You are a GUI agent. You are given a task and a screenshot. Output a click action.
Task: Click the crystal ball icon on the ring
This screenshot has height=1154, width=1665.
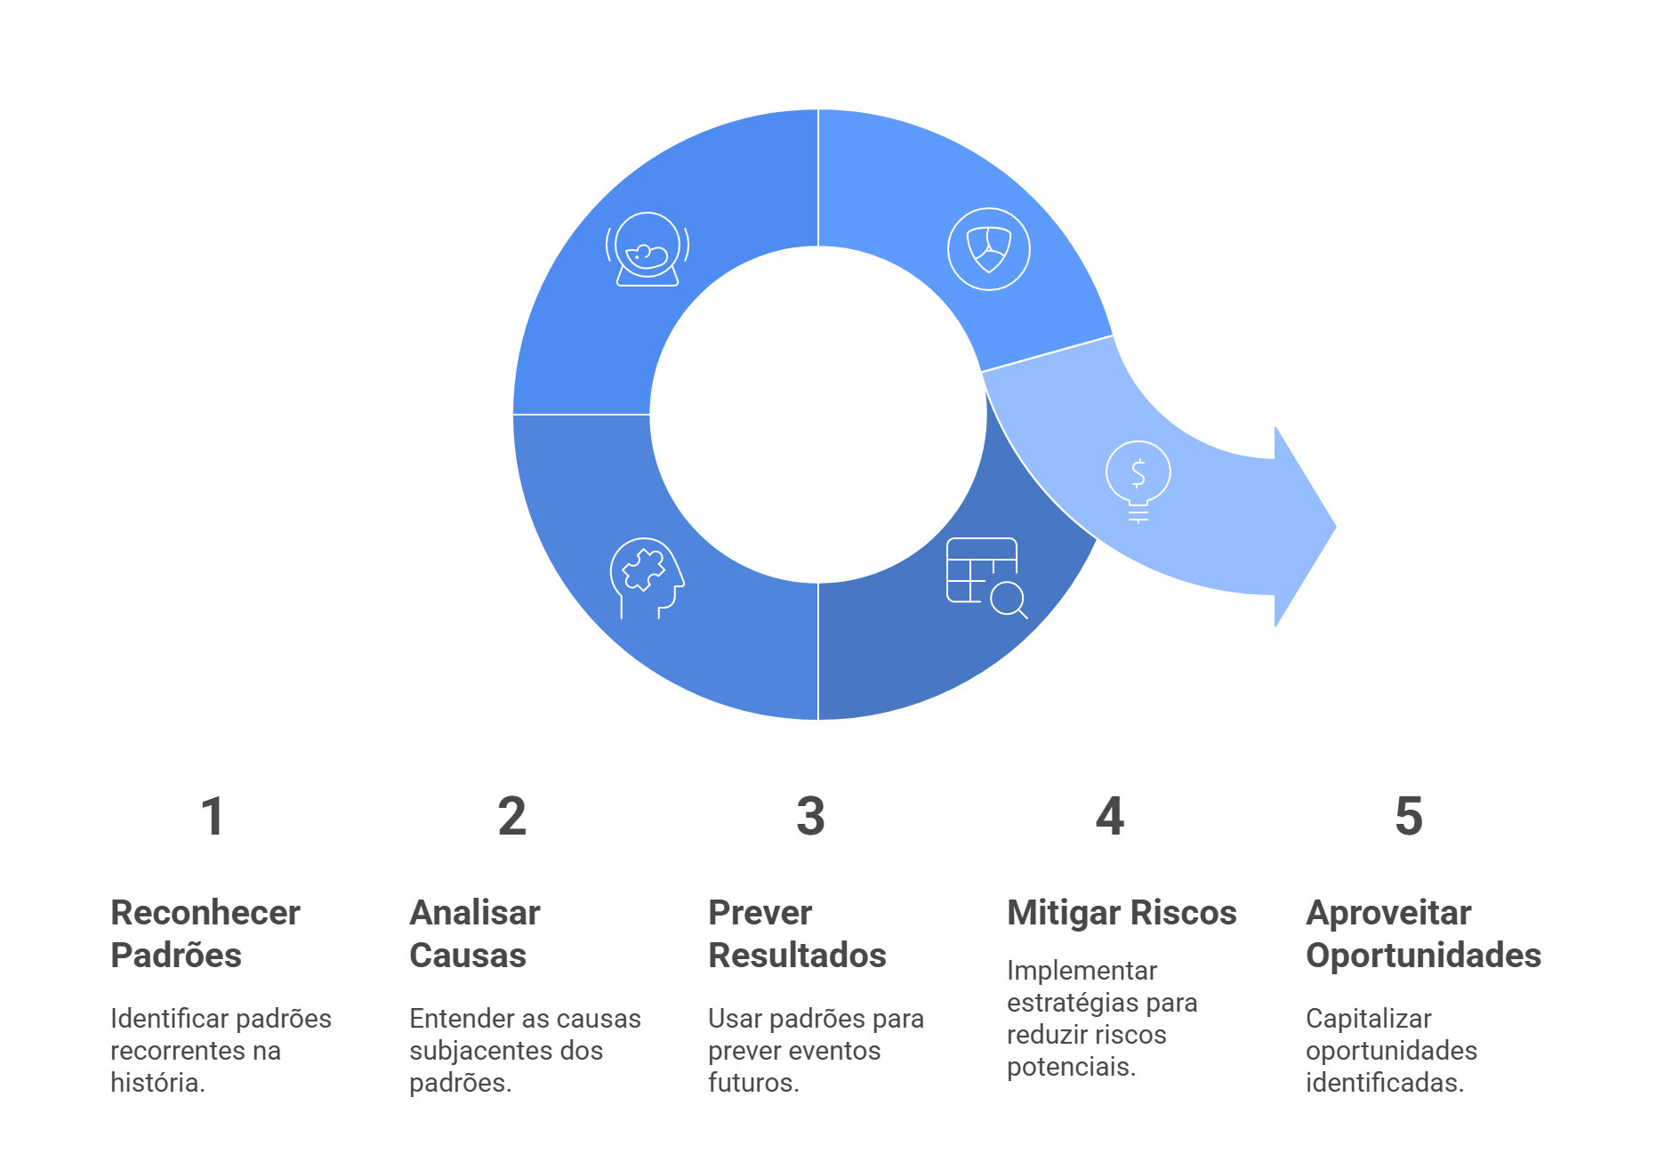[647, 249]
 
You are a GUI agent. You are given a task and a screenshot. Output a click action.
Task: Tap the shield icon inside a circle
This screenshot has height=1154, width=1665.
[988, 249]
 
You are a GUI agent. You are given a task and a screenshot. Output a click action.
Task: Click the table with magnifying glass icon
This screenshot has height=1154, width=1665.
[985, 577]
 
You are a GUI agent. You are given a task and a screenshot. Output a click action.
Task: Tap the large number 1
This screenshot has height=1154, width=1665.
[212, 816]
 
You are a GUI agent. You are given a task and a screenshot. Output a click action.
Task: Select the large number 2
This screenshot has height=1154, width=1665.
[511, 816]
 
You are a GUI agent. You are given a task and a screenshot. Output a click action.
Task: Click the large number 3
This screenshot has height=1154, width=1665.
[810, 816]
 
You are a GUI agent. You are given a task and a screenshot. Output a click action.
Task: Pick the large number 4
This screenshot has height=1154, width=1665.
[1109, 816]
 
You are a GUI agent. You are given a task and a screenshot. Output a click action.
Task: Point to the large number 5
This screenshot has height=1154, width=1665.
[1408, 816]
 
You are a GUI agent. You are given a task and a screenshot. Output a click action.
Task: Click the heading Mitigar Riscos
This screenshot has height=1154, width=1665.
[1122, 913]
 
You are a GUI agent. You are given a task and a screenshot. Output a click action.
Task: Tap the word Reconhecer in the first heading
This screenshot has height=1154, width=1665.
[205, 913]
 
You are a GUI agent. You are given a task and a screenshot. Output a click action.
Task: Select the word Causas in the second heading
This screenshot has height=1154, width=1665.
[468, 956]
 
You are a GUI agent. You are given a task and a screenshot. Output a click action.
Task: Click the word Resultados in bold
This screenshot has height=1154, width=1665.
[797, 956]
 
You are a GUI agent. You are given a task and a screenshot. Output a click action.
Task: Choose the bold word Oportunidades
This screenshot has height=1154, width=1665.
[1423, 956]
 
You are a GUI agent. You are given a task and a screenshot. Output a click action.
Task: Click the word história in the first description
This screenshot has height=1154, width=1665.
[157, 1083]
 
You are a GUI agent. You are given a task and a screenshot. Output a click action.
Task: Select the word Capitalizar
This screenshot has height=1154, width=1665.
[1368, 1019]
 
